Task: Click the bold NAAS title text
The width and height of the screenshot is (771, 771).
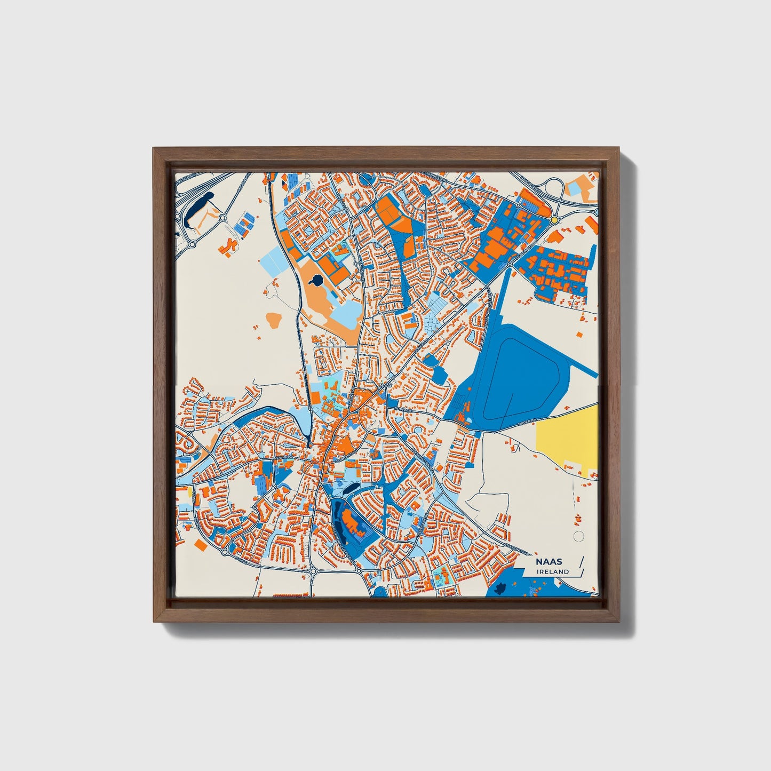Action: point(549,562)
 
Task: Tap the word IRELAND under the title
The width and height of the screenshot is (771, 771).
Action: point(553,571)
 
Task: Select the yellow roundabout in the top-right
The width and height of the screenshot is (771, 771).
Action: point(555,219)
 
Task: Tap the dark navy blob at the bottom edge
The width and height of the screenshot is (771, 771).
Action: point(501,589)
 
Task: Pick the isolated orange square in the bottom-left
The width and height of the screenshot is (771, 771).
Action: point(200,544)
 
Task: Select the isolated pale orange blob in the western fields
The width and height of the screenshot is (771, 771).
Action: point(274,321)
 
